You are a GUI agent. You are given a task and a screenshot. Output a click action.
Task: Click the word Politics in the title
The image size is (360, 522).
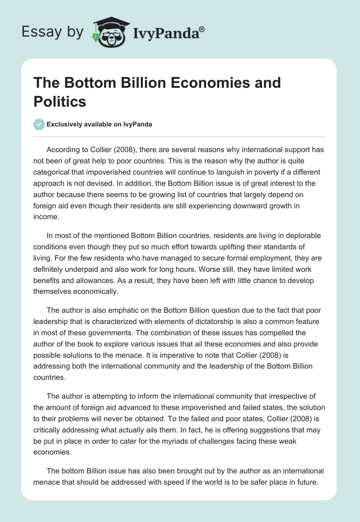[x=59, y=101]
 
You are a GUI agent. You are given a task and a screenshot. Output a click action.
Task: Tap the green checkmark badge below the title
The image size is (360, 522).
[x=39, y=124]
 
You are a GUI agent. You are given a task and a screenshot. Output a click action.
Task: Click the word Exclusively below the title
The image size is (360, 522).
[x=67, y=124]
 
